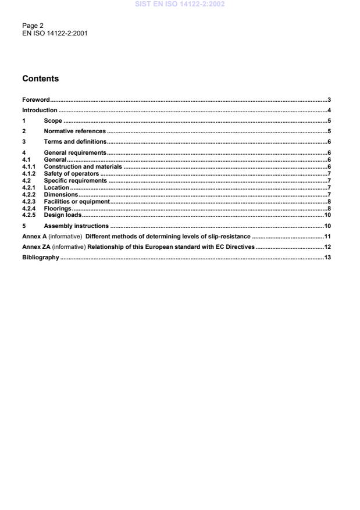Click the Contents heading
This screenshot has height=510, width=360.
pyautogui.click(x=40, y=79)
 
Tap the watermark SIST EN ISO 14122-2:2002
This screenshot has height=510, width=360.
pyautogui.click(x=180, y=5)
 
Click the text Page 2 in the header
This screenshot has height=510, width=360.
pyautogui.click(x=32, y=26)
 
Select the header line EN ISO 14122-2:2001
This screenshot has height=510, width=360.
pyautogui.click(x=55, y=33)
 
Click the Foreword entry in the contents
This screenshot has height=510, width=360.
pyautogui.click(x=35, y=100)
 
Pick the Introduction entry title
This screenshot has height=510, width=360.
pyautogui.click(x=40, y=110)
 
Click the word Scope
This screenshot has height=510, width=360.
pyautogui.click(x=53, y=121)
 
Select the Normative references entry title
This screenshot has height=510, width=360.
pyautogui.click(x=74, y=131)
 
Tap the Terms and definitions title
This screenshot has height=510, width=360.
pyautogui.click(x=75, y=142)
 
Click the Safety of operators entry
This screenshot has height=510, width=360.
pyautogui.click(x=72, y=174)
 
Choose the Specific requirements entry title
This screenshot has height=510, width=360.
pyautogui.click(x=76, y=181)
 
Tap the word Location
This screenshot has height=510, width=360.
pyautogui.click(x=56, y=188)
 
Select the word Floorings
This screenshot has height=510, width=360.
pyautogui.click(x=58, y=208)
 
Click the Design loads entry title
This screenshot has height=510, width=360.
pyautogui.click(x=62, y=215)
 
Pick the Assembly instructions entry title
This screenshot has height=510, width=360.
pyautogui.click(x=76, y=226)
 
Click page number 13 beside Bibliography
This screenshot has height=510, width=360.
pyautogui.click(x=327, y=257)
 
